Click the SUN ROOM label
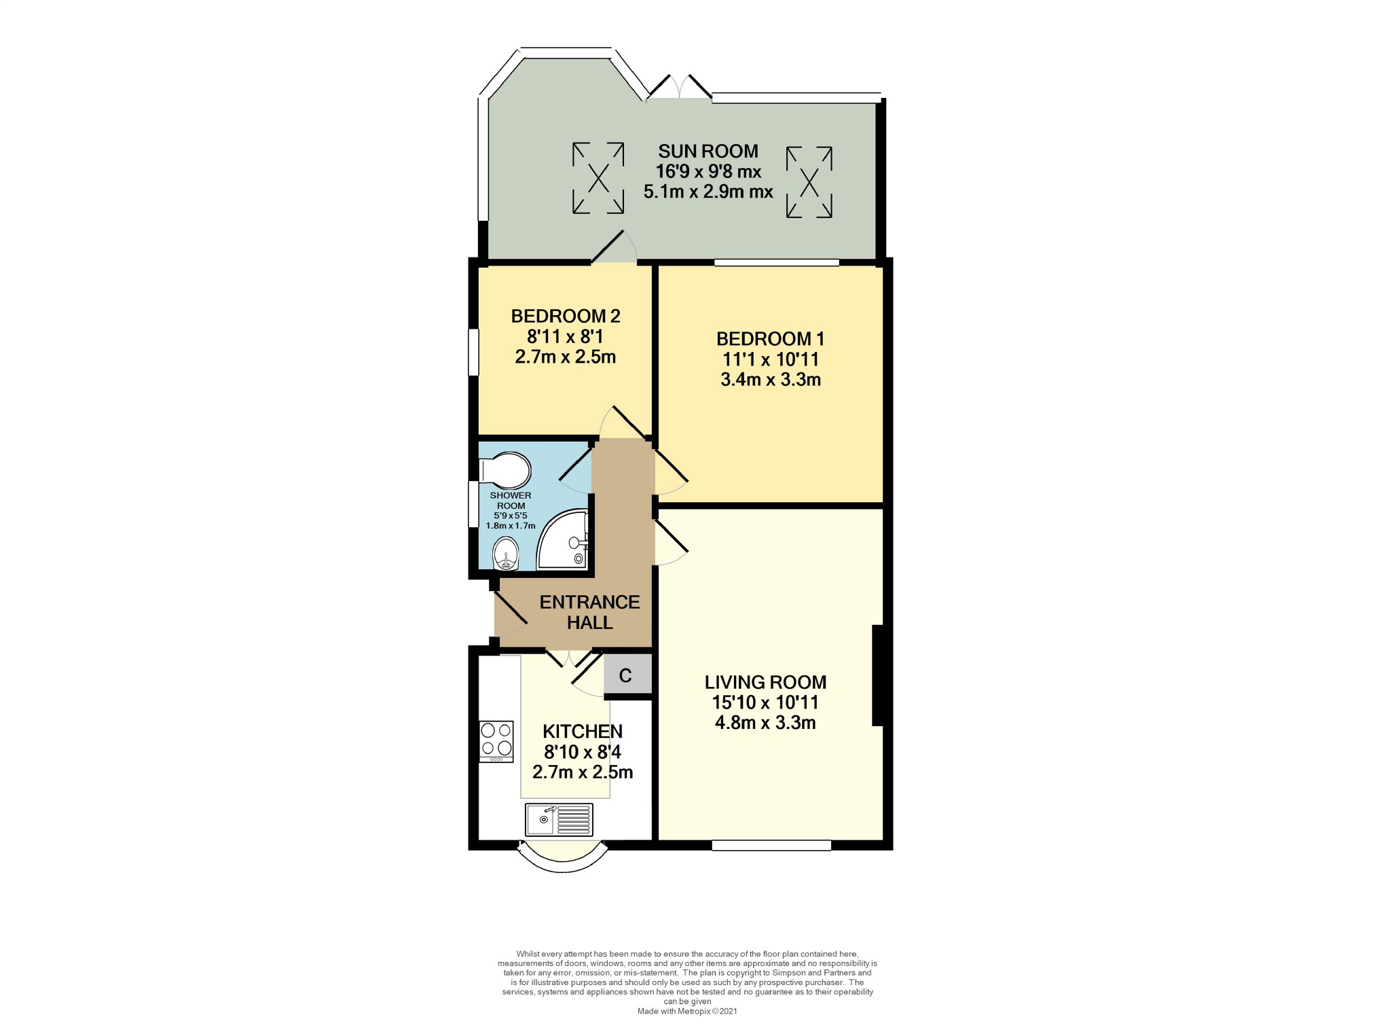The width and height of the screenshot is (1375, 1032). tap(708, 151)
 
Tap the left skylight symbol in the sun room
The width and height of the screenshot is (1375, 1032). tap(598, 178)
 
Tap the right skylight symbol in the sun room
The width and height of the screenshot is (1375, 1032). tap(809, 182)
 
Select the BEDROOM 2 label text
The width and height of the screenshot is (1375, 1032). tap(565, 316)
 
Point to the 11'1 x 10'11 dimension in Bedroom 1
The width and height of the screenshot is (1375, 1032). tap(770, 359)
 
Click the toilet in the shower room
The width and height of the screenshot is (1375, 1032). tap(505, 469)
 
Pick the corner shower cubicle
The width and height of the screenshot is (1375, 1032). tap(563, 541)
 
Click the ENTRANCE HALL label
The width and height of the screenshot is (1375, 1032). tap(589, 612)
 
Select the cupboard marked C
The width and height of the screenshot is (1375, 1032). tap(626, 675)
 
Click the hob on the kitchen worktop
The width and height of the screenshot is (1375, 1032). tap(496, 741)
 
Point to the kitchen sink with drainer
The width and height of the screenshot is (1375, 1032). tap(559, 820)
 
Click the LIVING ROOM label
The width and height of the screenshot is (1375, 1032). tap(765, 682)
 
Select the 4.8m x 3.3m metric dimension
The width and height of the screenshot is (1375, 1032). tap(765, 723)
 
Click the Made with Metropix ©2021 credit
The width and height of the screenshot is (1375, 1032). tap(687, 1011)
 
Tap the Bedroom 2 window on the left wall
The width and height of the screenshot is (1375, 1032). tap(473, 352)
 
